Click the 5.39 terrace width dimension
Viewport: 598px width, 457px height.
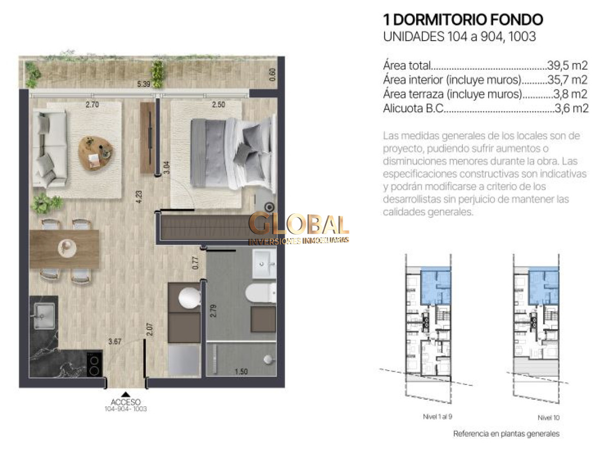[x=144, y=84]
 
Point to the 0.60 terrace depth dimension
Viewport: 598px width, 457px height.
[x=272, y=74]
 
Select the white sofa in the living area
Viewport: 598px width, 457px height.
[x=50, y=148]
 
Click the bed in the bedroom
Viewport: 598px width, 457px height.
[x=233, y=153]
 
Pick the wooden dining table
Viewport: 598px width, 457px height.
[x=65, y=249]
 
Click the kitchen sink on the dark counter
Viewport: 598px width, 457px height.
[x=44, y=316]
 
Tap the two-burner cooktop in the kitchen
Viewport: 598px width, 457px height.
[x=94, y=365]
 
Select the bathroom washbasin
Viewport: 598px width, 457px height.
[x=264, y=264]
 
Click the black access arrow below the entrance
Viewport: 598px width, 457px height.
[x=125, y=395]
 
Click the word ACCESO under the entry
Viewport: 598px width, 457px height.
[x=125, y=402]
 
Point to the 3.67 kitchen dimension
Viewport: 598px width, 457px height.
[x=115, y=342]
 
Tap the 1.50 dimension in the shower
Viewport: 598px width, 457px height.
[x=241, y=371]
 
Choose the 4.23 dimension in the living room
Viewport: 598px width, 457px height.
[x=139, y=197]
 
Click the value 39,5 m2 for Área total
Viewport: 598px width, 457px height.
[x=568, y=65]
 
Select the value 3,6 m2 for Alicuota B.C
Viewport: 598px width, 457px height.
[x=571, y=108]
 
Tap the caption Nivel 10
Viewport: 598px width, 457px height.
[x=548, y=418]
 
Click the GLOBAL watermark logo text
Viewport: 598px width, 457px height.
[x=299, y=224]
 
